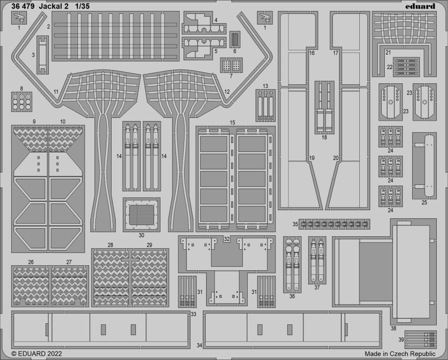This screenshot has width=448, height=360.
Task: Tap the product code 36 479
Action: [x=23, y=6]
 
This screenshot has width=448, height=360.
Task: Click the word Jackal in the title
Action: [x=53, y=6]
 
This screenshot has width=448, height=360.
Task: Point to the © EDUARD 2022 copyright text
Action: [x=37, y=353]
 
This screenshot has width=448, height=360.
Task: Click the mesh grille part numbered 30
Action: [x=142, y=214]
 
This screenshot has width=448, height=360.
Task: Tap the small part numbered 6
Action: [x=235, y=39]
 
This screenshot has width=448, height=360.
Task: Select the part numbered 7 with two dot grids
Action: [x=231, y=65]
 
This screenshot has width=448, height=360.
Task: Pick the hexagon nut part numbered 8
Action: [x=22, y=102]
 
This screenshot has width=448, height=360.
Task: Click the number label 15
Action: [x=232, y=122]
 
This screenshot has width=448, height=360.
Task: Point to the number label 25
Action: [x=424, y=203]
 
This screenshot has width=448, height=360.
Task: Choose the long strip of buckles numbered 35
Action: [x=334, y=224]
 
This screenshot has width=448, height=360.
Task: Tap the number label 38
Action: [x=393, y=329]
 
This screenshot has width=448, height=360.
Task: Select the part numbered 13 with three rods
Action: [x=265, y=105]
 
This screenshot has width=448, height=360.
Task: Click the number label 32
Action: [x=227, y=239]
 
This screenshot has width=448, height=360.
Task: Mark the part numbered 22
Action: [x=406, y=67]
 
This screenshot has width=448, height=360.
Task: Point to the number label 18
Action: [x=324, y=138]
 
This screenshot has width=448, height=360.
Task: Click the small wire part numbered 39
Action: [x=421, y=339]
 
